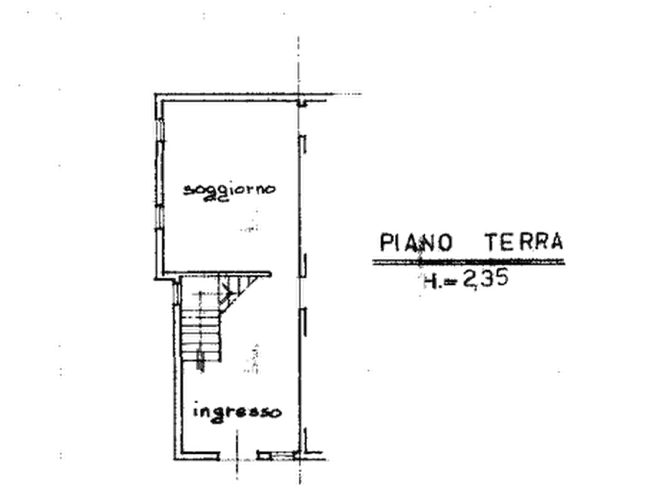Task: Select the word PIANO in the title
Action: coord(415,242)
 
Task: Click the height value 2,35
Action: coord(485,279)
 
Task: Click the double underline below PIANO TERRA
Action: coord(468,262)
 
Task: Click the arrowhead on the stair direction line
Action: coord(230,293)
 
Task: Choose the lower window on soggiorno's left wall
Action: coord(160,218)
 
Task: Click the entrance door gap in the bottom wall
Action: coord(238,456)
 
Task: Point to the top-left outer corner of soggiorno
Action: coord(155,93)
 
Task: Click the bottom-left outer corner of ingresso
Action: coord(175,459)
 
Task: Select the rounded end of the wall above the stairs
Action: coord(270,274)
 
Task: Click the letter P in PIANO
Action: coord(385,242)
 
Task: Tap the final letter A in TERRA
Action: coord(556,241)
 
